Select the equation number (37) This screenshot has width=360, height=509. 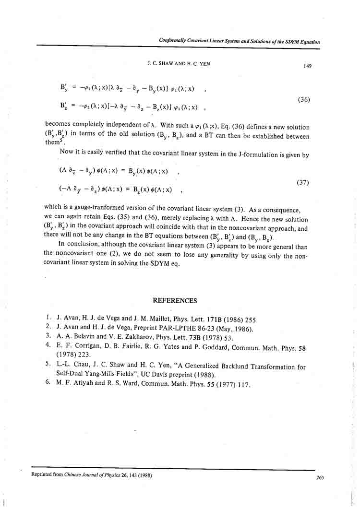click(303, 183)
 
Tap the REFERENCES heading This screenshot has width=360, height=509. click(175, 301)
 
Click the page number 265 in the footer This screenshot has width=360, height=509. click(321, 477)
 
